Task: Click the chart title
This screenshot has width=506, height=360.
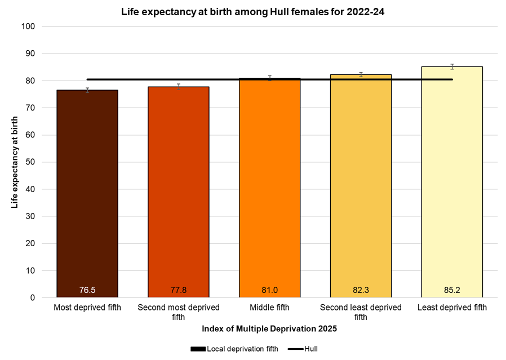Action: (x=252, y=11)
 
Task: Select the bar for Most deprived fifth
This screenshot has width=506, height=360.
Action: (x=87, y=192)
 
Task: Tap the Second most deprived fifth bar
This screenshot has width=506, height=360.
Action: (x=179, y=192)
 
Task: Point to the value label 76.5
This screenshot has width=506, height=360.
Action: (x=87, y=291)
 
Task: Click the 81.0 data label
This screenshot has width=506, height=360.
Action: (x=269, y=291)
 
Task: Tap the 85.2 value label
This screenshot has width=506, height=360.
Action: (x=452, y=291)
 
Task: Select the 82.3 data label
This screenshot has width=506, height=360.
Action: (x=361, y=291)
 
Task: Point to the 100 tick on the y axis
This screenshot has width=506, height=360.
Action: (x=29, y=26)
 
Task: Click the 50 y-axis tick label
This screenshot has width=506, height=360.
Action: (x=31, y=162)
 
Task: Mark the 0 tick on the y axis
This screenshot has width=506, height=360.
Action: (x=33, y=297)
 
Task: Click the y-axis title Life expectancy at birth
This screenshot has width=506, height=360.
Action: (x=14, y=162)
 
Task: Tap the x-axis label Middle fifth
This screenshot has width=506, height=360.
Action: (x=269, y=308)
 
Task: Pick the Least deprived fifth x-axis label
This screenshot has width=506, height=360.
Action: (x=452, y=308)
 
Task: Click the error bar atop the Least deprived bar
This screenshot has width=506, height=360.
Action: (x=452, y=66)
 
